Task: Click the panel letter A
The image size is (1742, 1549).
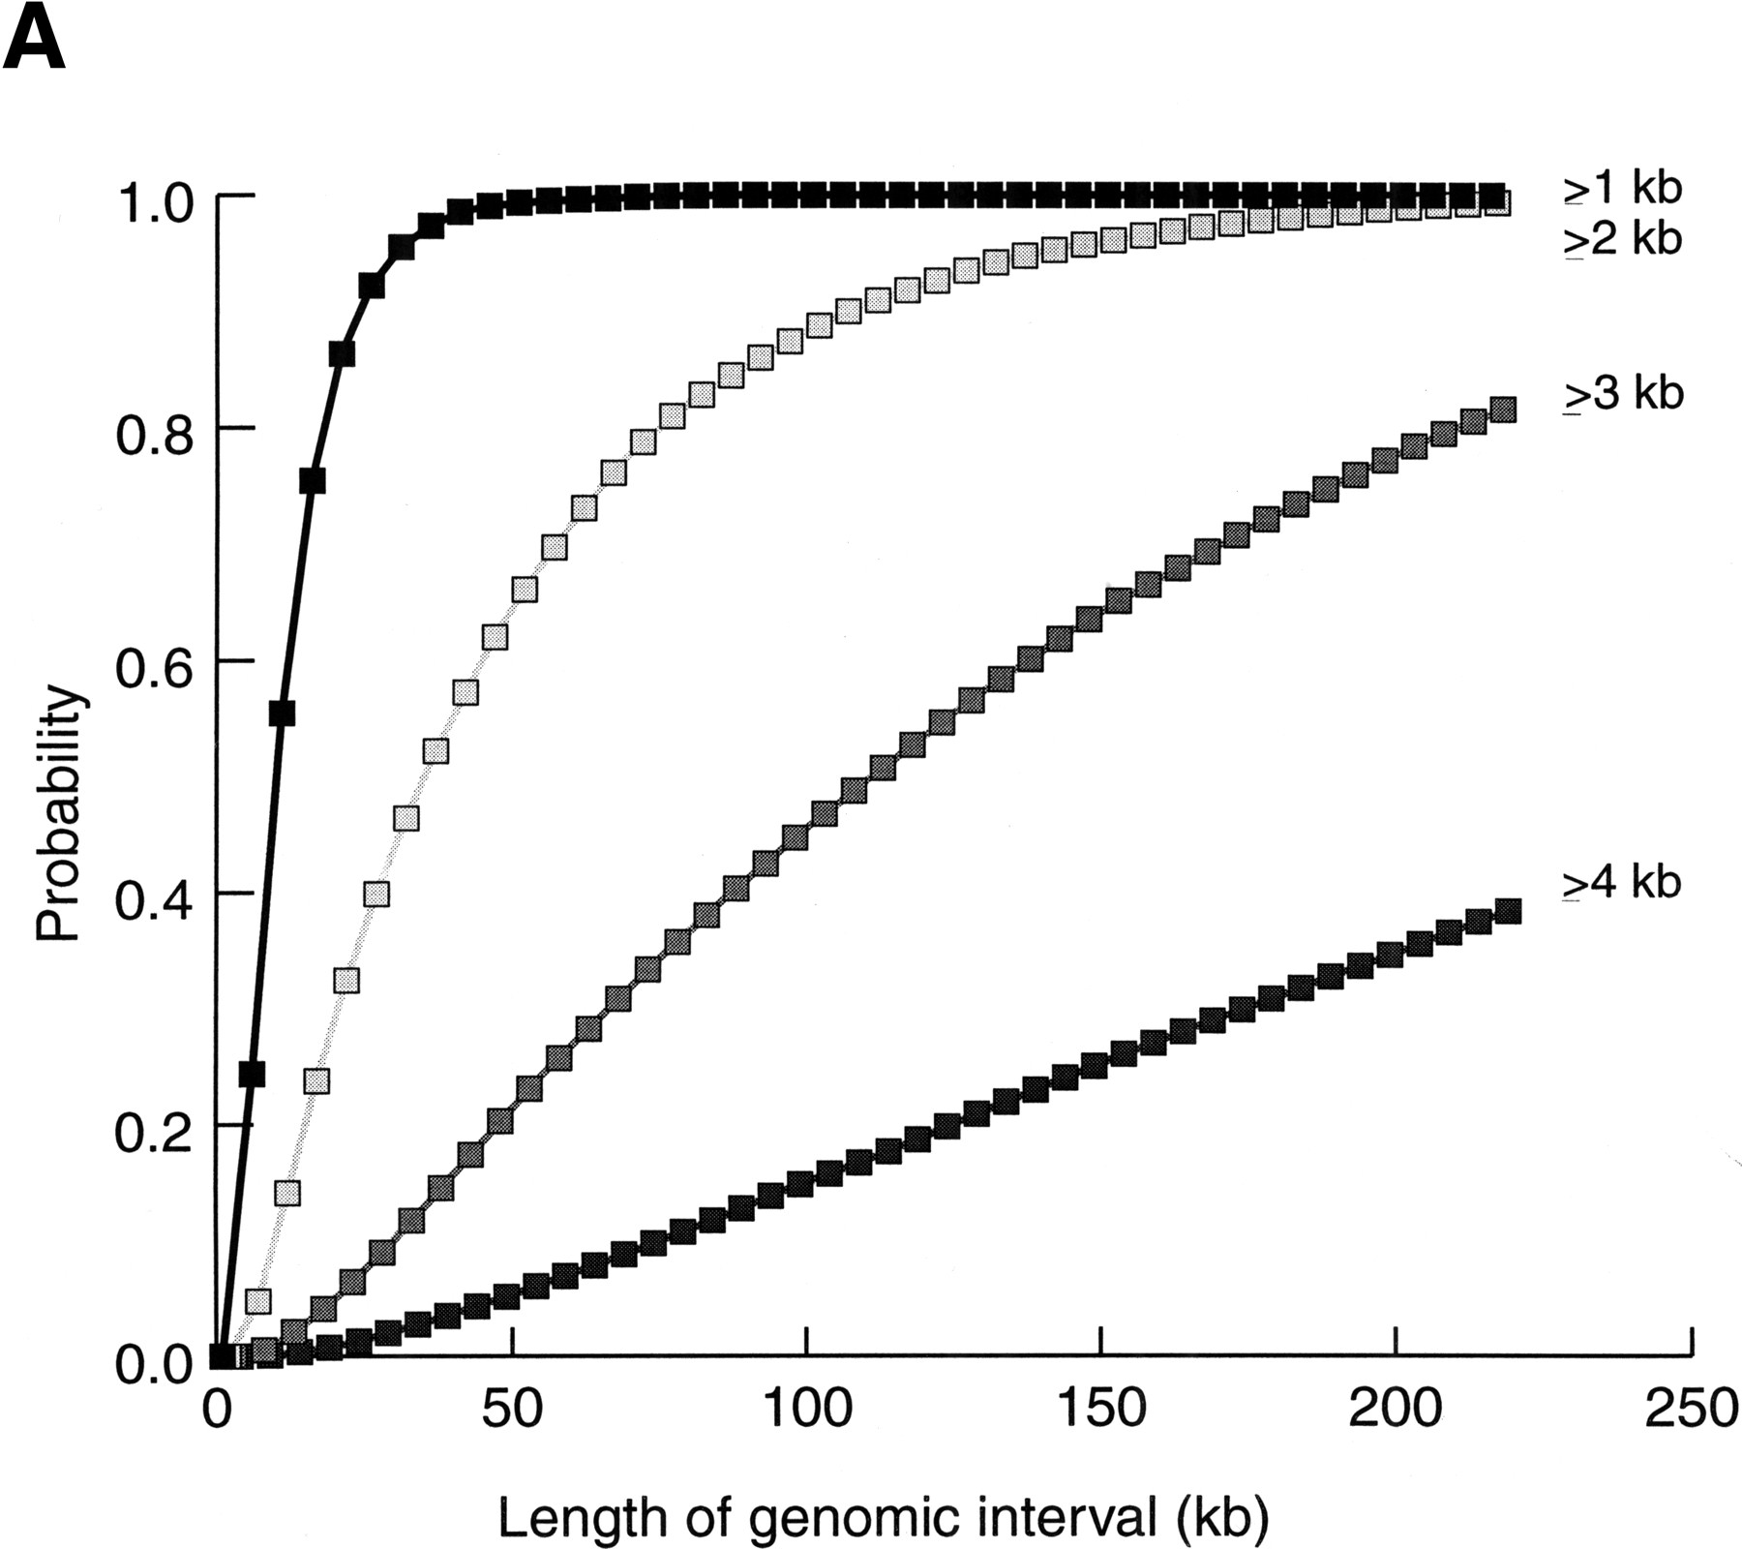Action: [x=35, y=40]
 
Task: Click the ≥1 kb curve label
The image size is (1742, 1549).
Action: [x=1622, y=188]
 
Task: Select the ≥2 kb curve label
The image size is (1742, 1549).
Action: [x=1622, y=239]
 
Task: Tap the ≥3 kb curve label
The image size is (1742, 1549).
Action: [x=1622, y=394]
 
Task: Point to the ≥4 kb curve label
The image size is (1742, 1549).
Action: [x=1622, y=883]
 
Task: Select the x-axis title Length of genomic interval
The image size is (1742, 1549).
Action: [x=883, y=1518]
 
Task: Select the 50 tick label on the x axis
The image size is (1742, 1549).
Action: [x=512, y=1411]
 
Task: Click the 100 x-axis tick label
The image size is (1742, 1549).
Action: [x=807, y=1411]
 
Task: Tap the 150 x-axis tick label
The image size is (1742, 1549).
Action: [x=1101, y=1411]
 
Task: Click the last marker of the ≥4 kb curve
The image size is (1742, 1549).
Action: [x=1508, y=911]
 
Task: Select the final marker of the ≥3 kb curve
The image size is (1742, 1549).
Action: [x=1502, y=410]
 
